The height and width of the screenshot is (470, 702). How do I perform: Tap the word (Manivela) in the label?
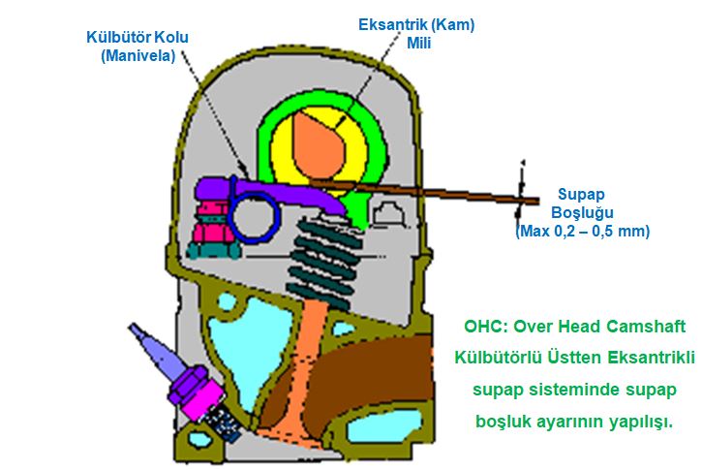tap(137, 56)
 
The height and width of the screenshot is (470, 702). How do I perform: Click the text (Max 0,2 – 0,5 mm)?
tap(582, 232)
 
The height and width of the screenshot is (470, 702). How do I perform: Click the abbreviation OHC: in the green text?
tap(484, 327)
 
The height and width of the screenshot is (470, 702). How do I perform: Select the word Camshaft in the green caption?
tap(656, 327)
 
